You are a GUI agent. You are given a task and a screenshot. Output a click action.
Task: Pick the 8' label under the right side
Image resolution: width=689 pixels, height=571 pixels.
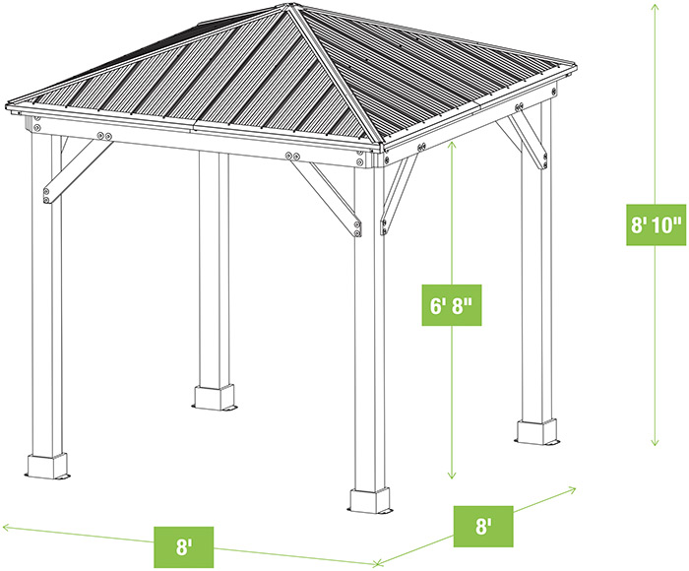[482, 526]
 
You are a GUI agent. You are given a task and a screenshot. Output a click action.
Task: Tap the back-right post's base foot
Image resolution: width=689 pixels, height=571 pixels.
[536, 431]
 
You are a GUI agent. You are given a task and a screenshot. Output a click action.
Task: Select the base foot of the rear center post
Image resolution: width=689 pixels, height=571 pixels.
[215, 398]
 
